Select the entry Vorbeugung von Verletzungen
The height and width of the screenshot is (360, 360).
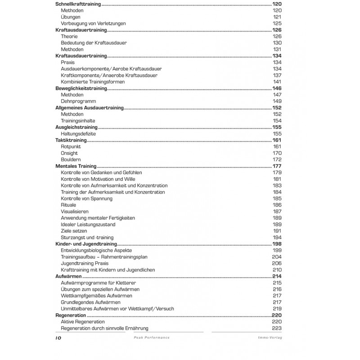pos(93,23)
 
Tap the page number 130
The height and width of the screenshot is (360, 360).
pos(277,43)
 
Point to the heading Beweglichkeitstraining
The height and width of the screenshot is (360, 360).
pos(81,89)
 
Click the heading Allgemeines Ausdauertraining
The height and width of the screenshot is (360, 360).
pos(90,108)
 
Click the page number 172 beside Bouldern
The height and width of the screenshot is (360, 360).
pos(277,160)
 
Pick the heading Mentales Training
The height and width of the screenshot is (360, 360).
pos(76,166)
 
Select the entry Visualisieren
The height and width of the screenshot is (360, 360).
pos(75,211)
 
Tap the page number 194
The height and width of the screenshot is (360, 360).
pos(277,237)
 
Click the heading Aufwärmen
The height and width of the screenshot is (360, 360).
pos(68,276)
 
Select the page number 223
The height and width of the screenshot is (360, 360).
pos(277,328)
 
